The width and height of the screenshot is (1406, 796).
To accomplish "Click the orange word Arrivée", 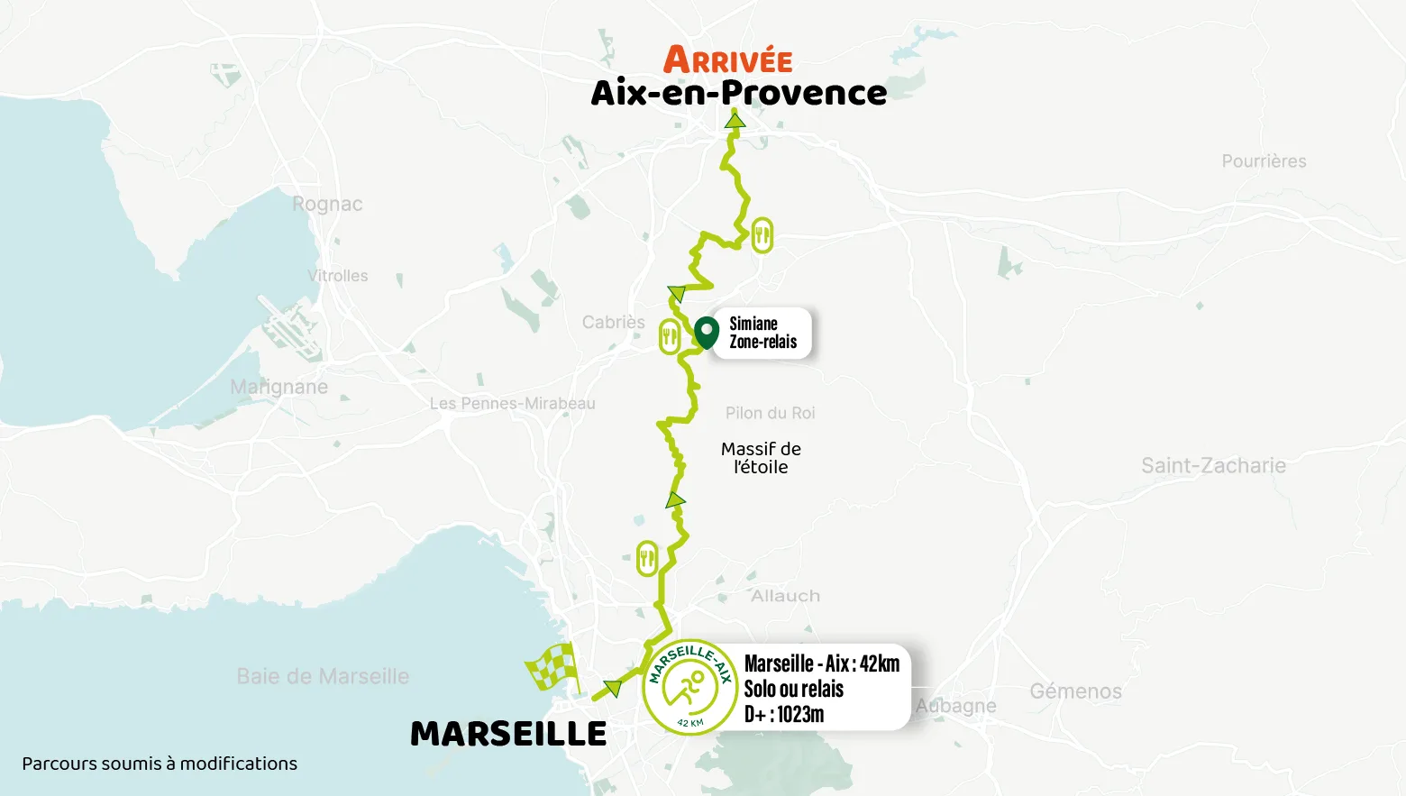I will [728, 60].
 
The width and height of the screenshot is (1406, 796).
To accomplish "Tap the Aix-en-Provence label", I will [739, 93].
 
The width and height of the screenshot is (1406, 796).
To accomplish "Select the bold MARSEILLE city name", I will [508, 734].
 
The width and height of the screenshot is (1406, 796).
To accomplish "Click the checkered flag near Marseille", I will [552, 668].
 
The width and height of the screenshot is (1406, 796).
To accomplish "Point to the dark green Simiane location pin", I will [707, 331].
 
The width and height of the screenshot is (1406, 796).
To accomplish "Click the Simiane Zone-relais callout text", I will [762, 333].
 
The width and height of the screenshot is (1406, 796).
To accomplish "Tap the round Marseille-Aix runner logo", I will [689, 687].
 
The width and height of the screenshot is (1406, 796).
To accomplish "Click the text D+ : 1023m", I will [784, 714].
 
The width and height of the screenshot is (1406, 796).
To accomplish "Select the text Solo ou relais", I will [793, 689].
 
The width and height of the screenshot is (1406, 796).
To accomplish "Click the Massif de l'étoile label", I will [761, 458].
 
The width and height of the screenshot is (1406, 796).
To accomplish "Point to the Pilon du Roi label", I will [770, 413].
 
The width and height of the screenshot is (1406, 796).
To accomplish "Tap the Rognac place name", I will [327, 205].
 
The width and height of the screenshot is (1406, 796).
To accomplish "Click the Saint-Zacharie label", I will [1213, 465].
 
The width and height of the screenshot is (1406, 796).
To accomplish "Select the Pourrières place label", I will [1264, 161].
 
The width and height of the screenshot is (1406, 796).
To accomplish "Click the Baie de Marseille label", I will [323, 676].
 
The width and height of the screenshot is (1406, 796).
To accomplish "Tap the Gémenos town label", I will [1075, 691].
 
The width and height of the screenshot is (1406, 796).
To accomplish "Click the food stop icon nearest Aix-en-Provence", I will [762, 235].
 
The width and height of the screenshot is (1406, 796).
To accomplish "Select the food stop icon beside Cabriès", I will [670, 336].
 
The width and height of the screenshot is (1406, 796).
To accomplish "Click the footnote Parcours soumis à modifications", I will [160, 764].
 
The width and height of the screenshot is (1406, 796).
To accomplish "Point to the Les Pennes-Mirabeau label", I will [512, 403].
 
